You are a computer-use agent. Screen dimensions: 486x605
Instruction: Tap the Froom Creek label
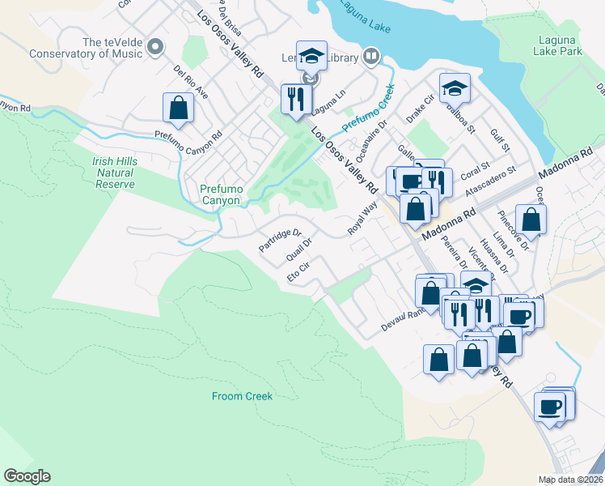click(243, 396)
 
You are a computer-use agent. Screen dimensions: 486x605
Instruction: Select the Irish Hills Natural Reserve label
click(114, 173)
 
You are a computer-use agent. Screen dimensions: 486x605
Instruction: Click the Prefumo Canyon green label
click(220, 194)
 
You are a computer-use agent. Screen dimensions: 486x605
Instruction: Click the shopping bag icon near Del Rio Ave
click(178, 108)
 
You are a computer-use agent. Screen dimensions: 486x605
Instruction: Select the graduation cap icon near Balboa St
click(455, 87)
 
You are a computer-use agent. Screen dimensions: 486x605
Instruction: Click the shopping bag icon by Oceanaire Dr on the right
click(531, 219)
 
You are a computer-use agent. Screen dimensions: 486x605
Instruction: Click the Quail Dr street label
click(299, 251)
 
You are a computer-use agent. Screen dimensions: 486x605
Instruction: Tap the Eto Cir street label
click(299, 271)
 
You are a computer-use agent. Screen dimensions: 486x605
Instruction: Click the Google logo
click(27, 476)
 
